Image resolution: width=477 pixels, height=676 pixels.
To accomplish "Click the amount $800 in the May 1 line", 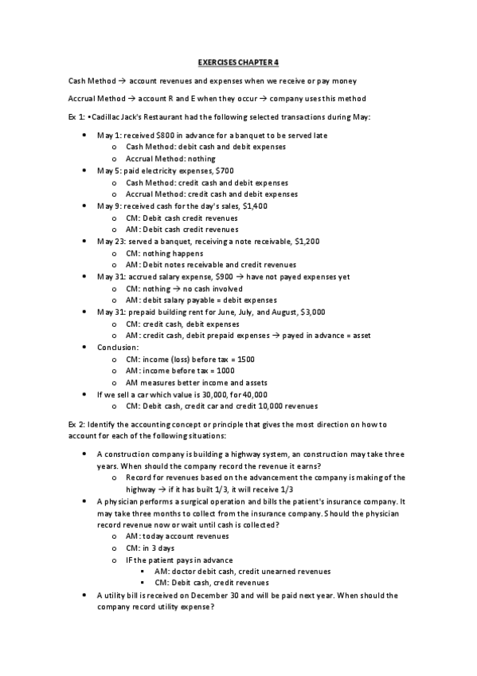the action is (x=166, y=136).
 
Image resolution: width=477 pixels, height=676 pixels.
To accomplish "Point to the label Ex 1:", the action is (x=78, y=117).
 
